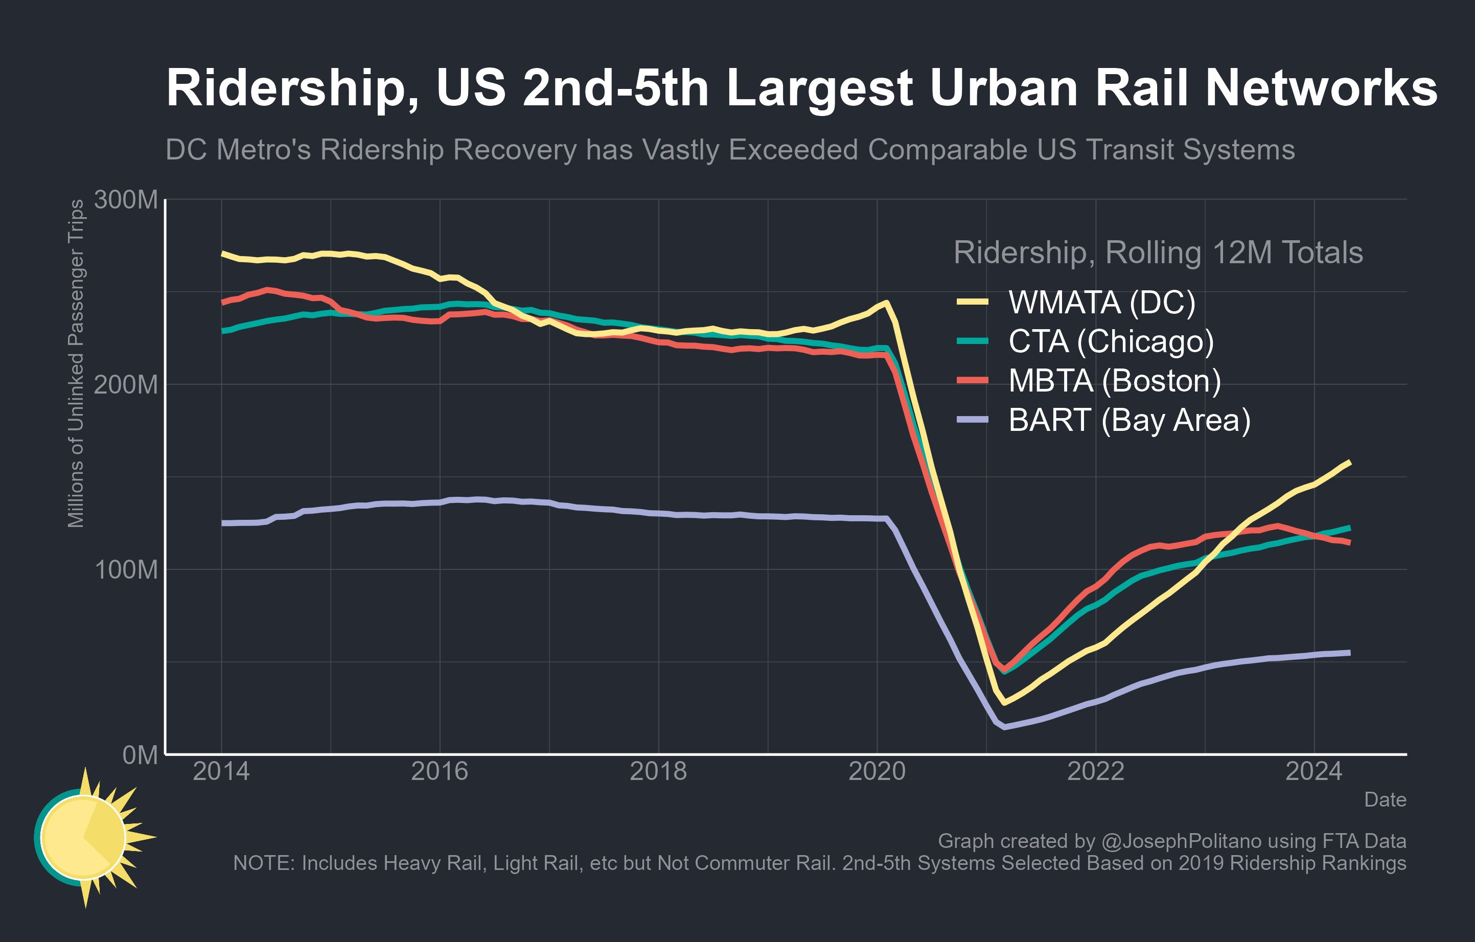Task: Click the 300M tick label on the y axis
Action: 126,200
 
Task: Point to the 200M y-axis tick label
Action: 126,385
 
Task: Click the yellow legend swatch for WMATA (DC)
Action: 973,302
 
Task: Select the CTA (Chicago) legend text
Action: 1111,341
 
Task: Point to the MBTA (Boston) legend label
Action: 1114,380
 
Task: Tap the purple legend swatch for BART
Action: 973,420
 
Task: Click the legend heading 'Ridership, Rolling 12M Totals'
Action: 1158,252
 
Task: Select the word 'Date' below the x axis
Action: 1385,800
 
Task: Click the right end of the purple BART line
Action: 1349,653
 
